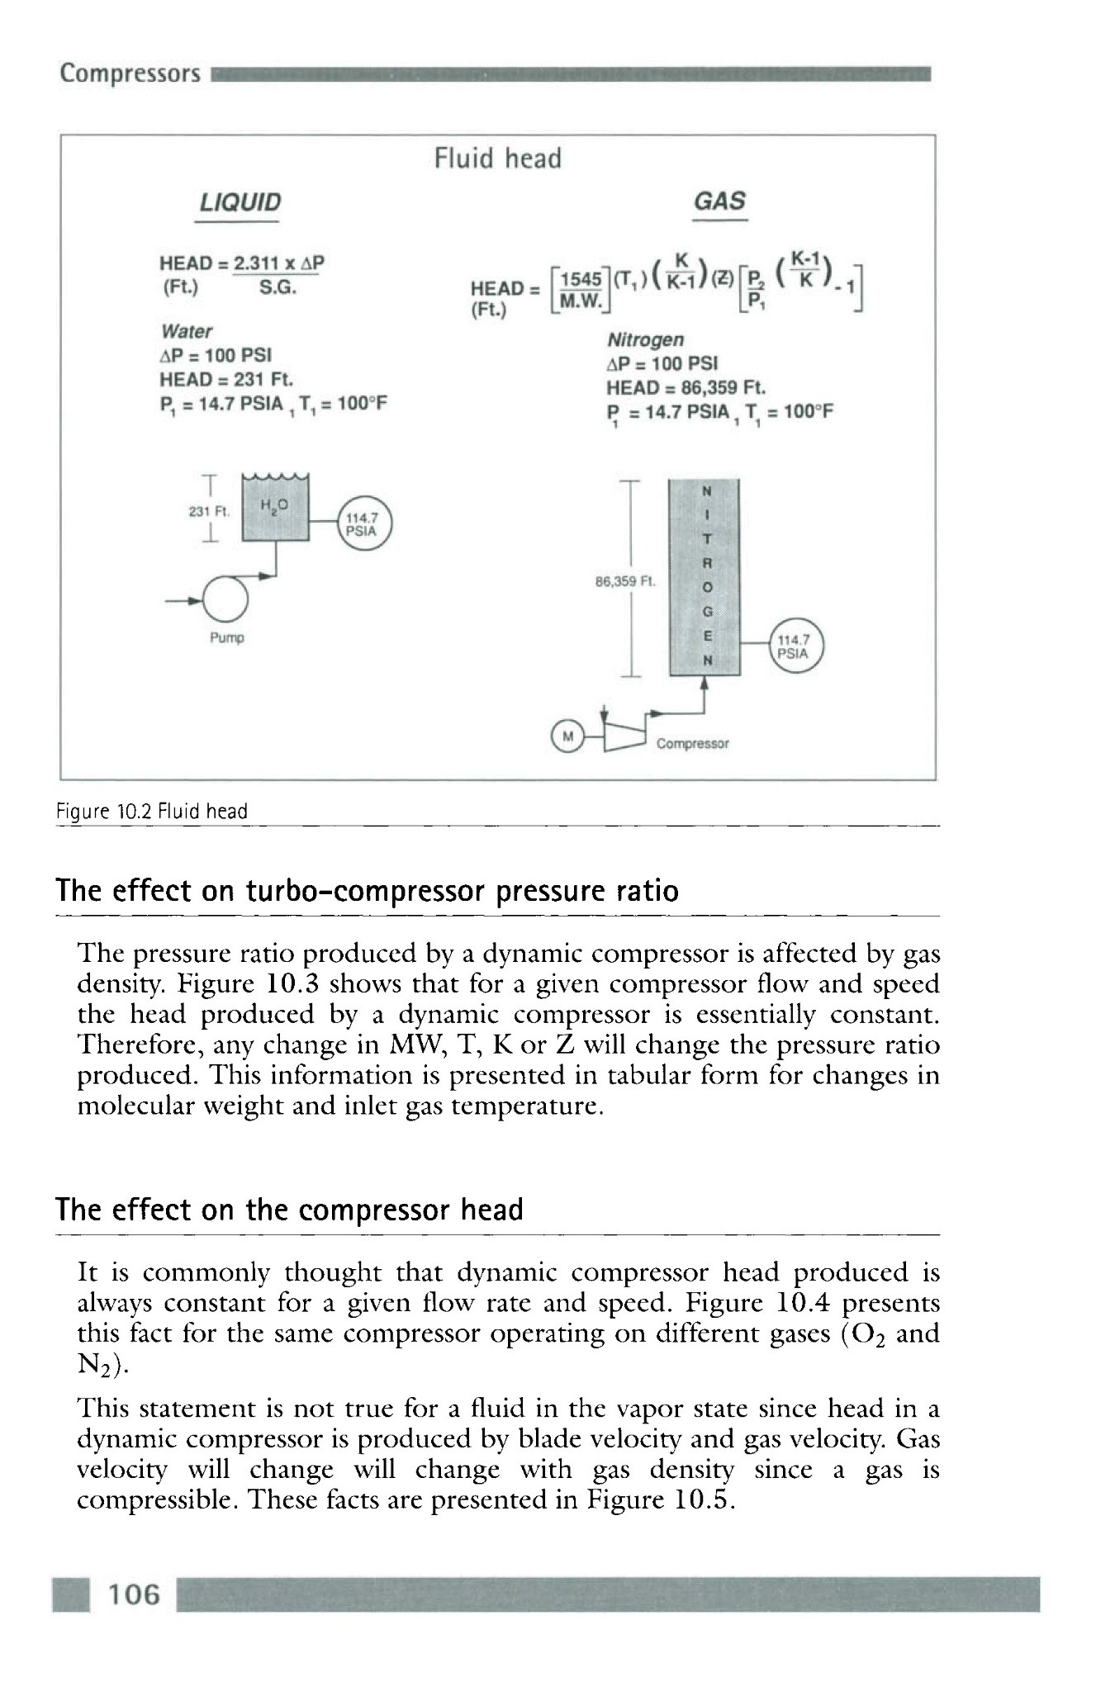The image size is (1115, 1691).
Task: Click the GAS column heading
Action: pos(719,201)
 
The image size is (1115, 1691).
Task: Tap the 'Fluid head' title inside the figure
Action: pos(497,158)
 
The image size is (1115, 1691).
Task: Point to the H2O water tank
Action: pos(275,512)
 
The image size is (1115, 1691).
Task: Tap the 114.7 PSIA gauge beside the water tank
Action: pos(360,524)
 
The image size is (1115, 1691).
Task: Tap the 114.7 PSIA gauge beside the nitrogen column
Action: pos(795,645)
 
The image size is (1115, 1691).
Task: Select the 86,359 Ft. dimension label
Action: pos(624,581)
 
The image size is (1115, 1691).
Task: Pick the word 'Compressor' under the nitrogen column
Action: pos(692,744)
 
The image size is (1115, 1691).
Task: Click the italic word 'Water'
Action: pos(187,331)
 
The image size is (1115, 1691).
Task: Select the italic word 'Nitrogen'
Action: pos(645,339)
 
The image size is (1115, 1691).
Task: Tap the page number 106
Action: pos(134,1594)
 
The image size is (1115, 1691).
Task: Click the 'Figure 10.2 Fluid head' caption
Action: pos(152,812)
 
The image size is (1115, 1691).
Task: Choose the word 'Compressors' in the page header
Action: pos(130,73)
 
